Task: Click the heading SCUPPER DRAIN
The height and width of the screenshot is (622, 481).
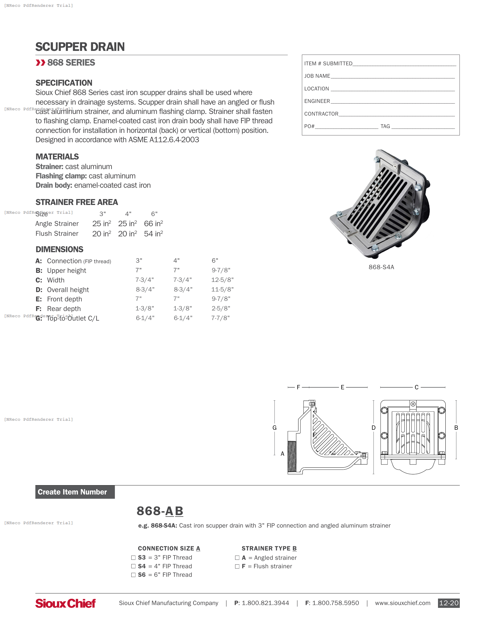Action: [x=80, y=47]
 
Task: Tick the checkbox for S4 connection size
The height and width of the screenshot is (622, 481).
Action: [x=133, y=566]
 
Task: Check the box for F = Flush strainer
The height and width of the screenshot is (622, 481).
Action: [x=237, y=566]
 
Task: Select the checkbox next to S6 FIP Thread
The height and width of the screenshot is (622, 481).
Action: [x=133, y=575]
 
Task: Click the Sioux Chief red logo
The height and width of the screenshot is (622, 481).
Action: [x=65, y=603]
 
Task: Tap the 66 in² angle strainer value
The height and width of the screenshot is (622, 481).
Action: [x=153, y=224]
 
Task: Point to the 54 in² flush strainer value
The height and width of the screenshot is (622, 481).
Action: [x=153, y=234]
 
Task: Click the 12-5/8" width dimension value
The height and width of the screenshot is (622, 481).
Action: [x=222, y=280]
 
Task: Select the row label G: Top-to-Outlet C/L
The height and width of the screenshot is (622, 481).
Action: [x=67, y=318]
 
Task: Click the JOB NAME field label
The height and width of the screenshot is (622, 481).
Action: [x=317, y=76]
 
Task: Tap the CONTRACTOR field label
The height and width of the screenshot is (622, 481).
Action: [x=321, y=114]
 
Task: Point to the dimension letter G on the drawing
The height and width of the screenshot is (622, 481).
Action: [x=274, y=427]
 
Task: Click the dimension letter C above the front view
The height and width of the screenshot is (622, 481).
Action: [x=416, y=387]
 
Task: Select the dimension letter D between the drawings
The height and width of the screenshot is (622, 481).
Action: [x=373, y=427]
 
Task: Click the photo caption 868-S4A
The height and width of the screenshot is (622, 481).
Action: [x=381, y=267]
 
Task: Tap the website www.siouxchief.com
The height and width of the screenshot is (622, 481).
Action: [x=402, y=603]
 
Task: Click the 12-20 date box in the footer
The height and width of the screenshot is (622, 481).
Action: [x=448, y=603]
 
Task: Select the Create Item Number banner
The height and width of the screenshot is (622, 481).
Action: [x=75, y=492]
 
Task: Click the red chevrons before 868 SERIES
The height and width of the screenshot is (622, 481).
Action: [x=40, y=62]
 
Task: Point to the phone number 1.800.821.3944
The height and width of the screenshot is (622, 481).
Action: [x=265, y=603]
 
